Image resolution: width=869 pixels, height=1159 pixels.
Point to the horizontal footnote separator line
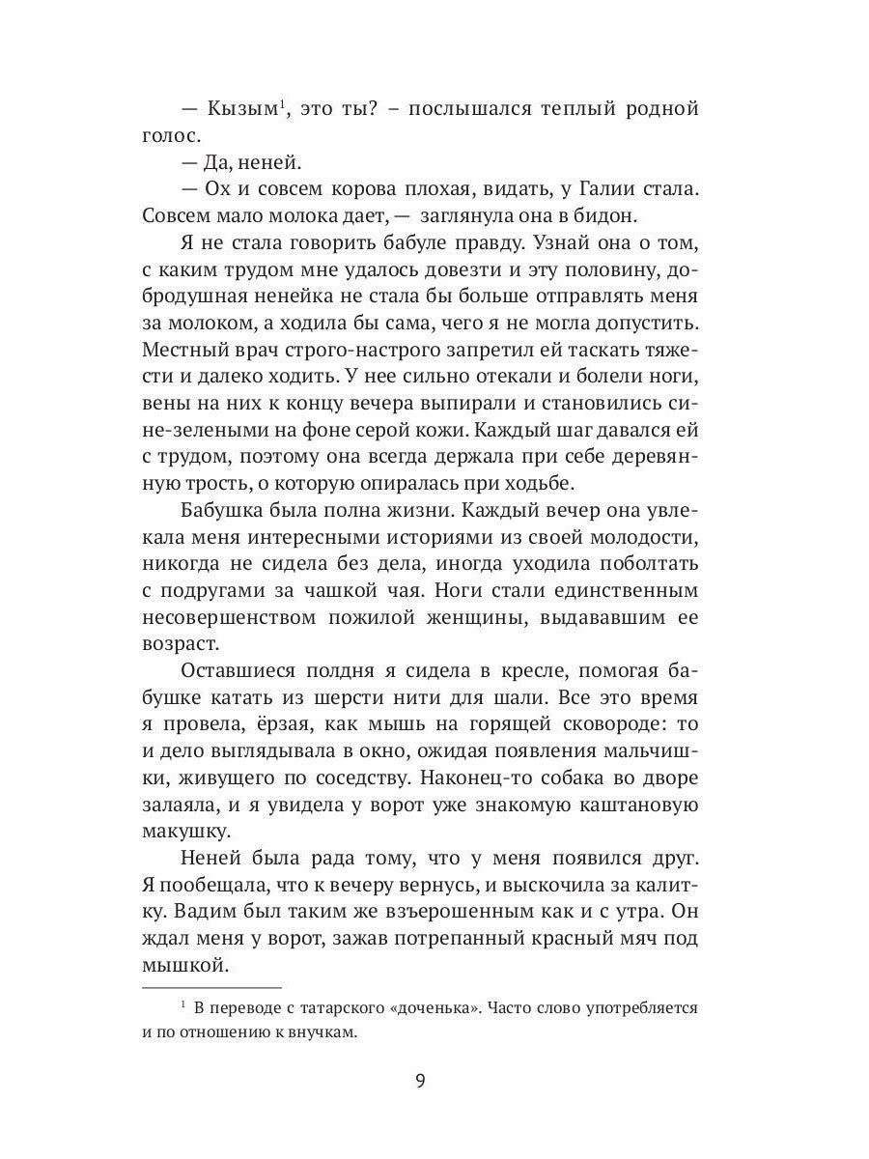point(211,987)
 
